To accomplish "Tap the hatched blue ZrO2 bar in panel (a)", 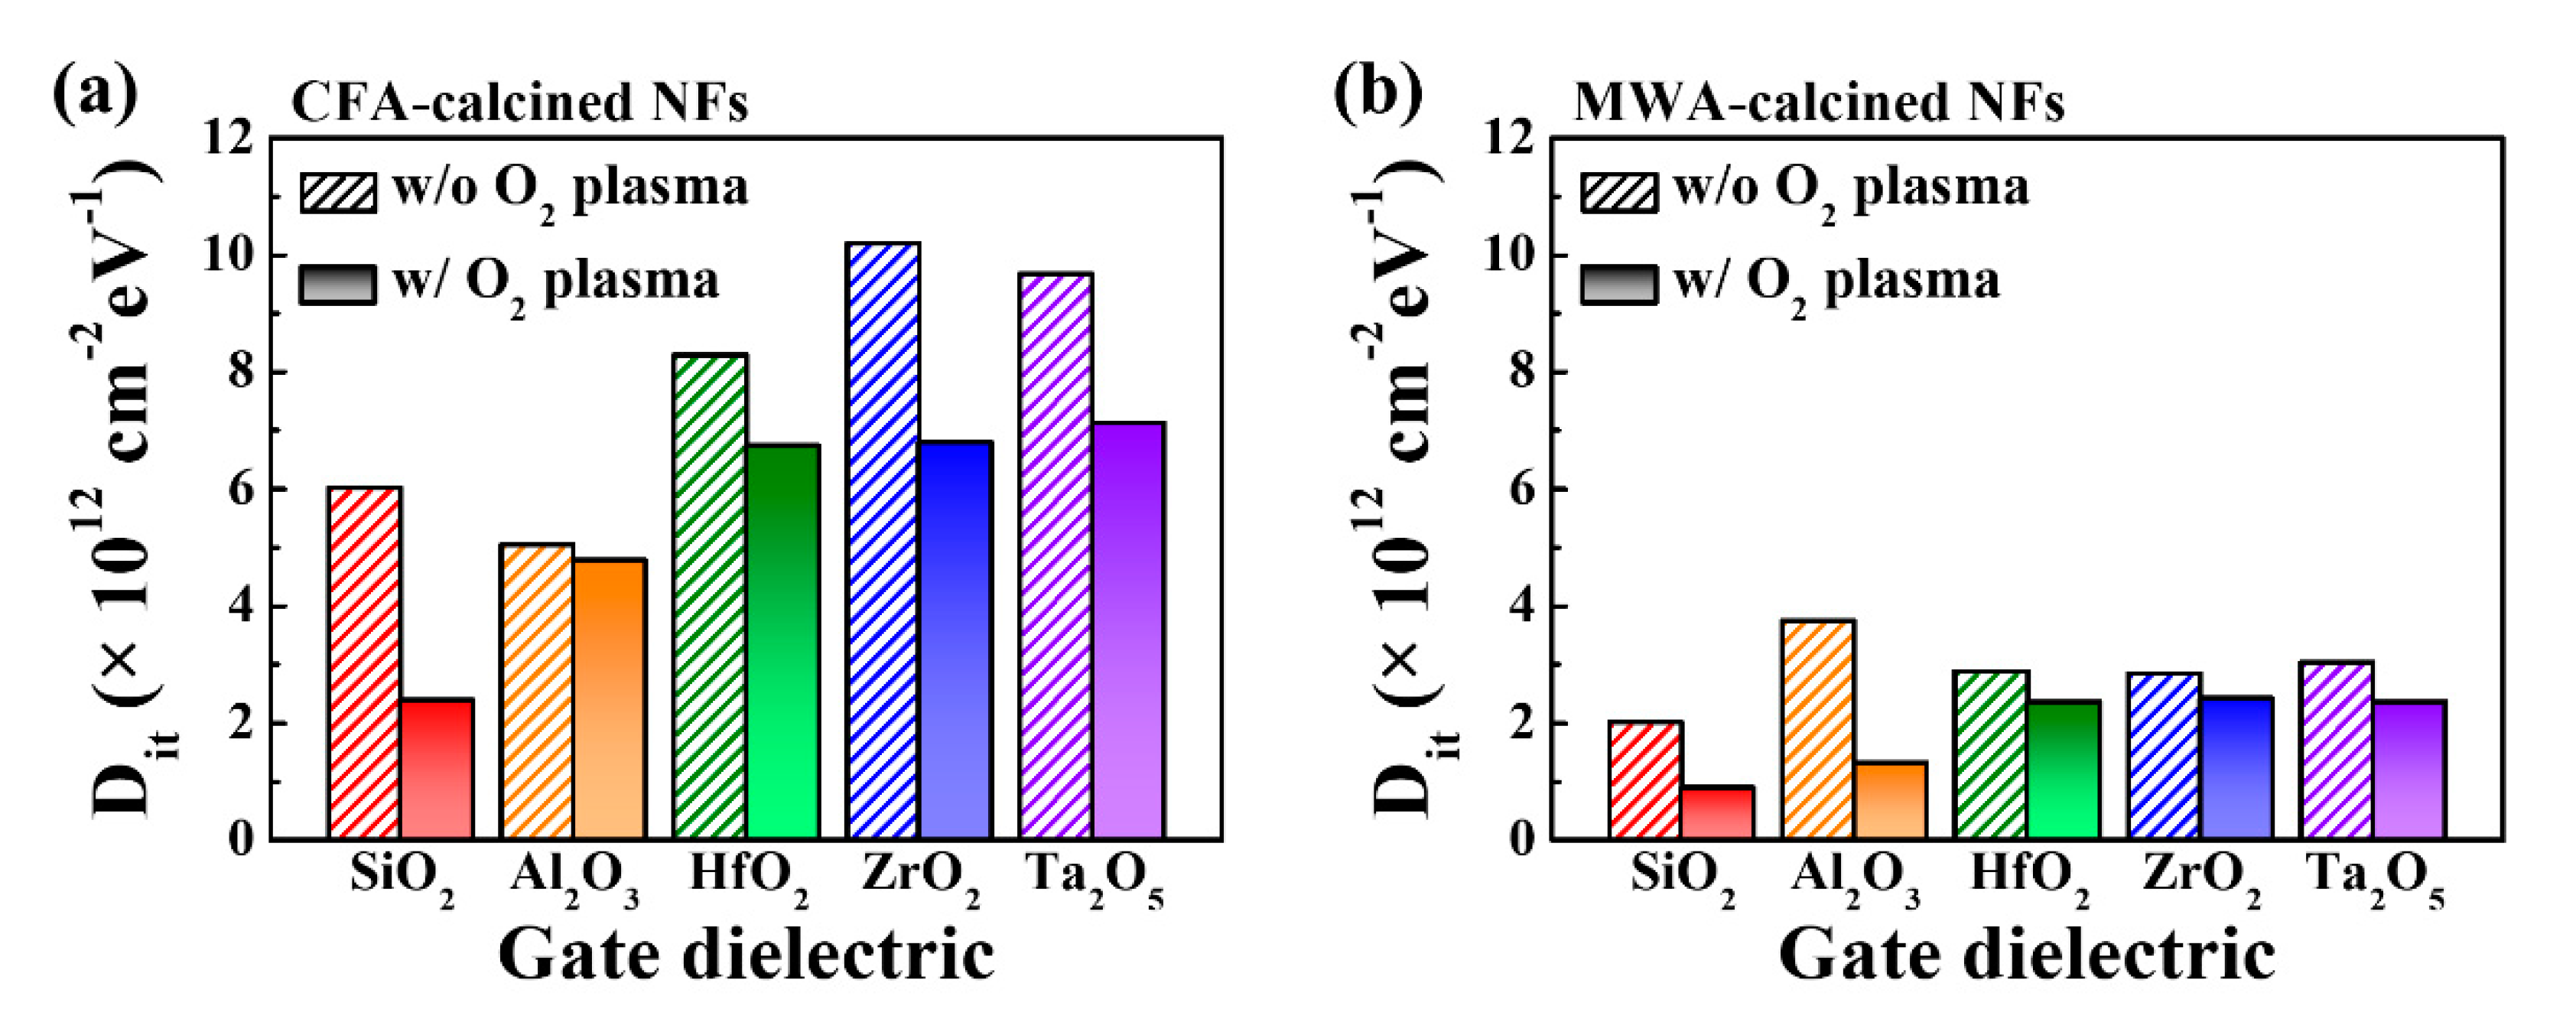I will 883,540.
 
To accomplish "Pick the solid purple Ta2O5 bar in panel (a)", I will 1129,630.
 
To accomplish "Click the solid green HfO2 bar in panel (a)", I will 783,641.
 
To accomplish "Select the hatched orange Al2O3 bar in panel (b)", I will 1820,729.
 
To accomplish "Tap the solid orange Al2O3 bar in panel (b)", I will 1891,800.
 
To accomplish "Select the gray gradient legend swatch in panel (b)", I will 1618,285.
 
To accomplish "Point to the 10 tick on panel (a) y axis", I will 228,256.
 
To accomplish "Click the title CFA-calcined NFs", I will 519,103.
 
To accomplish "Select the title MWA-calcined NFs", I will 1819,103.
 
